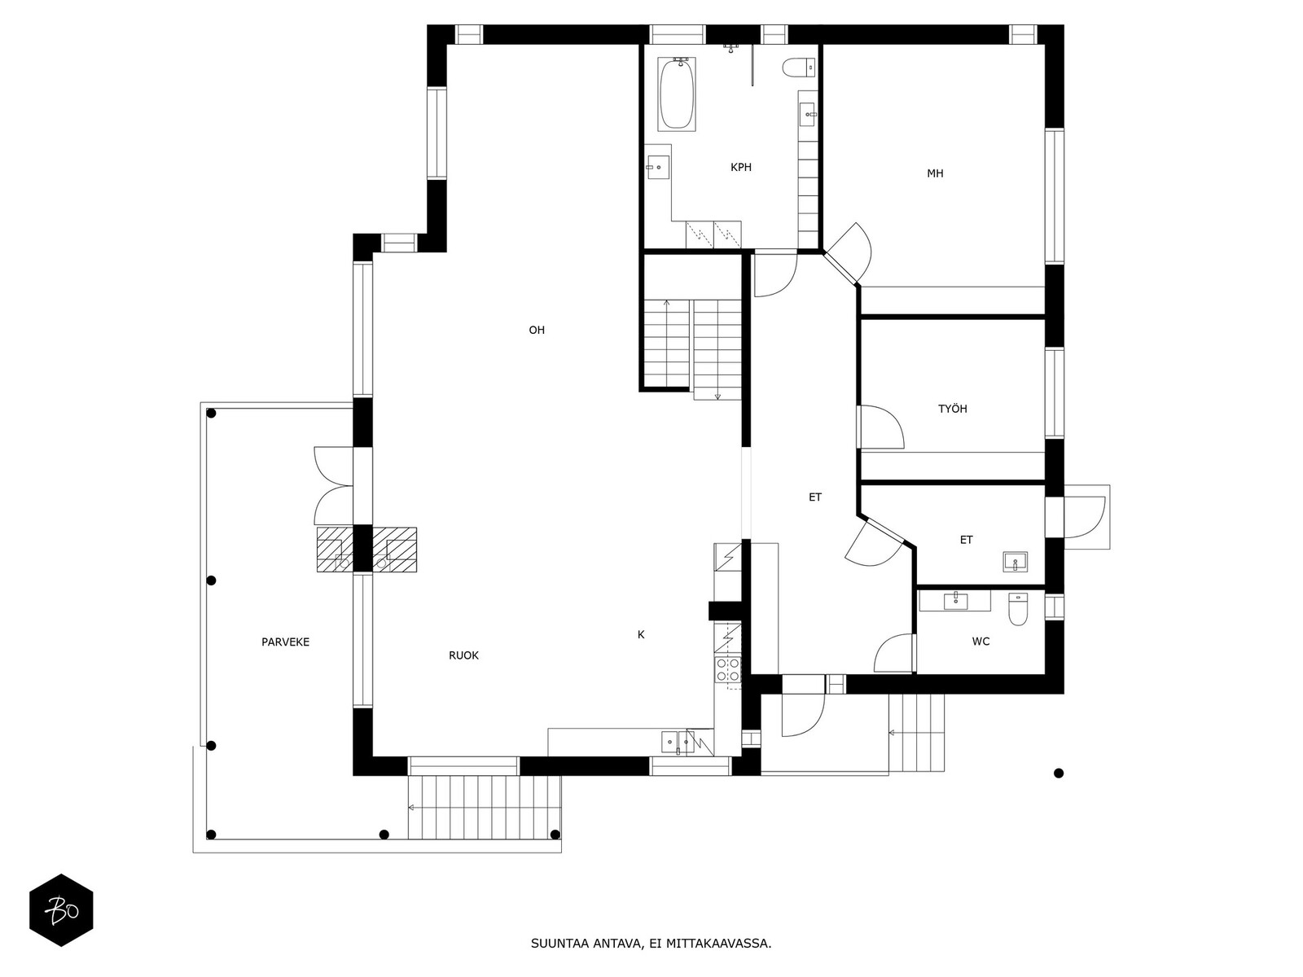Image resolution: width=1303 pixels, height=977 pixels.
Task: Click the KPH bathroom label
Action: pos(740,168)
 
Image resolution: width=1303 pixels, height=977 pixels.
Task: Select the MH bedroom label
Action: pos(935,173)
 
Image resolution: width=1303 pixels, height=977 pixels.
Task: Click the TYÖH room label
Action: pos(952,409)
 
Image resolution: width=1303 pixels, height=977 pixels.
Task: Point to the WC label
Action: pos(981,642)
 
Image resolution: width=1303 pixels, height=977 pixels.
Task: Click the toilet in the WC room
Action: pos(1018,609)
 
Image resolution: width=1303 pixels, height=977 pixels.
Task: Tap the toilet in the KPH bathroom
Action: pos(795,67)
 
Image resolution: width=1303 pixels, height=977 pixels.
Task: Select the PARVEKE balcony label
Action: pos(285,642)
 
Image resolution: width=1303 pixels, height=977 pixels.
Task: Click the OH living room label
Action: pos(537,330)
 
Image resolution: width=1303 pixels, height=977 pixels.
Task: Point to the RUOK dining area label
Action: pos(463,655)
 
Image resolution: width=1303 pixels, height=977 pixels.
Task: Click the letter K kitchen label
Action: pos(641,634)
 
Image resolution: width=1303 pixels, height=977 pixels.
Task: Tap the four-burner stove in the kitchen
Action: pos(727,670)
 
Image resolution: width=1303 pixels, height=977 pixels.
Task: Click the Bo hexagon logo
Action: pos(61,909)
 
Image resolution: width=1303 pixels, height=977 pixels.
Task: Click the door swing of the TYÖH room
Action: pos(882,427)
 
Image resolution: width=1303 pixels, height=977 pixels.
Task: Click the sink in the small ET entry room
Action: pos(1014,562)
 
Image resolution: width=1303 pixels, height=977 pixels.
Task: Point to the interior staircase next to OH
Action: pos(692,346)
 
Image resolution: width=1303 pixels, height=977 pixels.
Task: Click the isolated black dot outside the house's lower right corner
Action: pos(1059,773)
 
